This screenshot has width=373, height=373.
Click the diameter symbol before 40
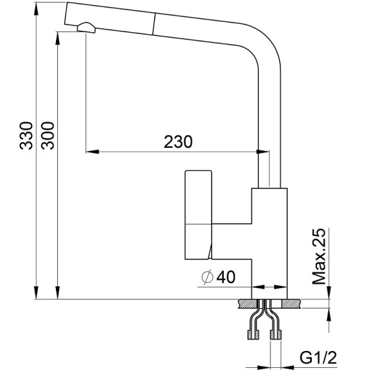(207, 278)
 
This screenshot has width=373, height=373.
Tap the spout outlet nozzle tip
(86, 26)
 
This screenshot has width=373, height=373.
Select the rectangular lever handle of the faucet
(198, 215)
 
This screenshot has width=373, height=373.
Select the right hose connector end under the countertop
(278, 334)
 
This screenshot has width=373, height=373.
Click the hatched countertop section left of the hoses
(248, 302)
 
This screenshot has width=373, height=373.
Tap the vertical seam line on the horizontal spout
(152, 23)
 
